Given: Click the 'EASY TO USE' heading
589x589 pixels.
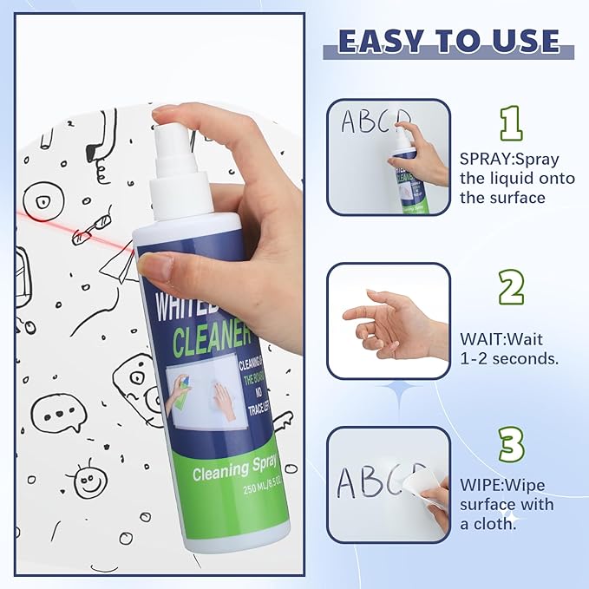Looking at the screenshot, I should tap(448, 41).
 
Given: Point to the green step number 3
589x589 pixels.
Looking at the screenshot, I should tap(510, 444).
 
